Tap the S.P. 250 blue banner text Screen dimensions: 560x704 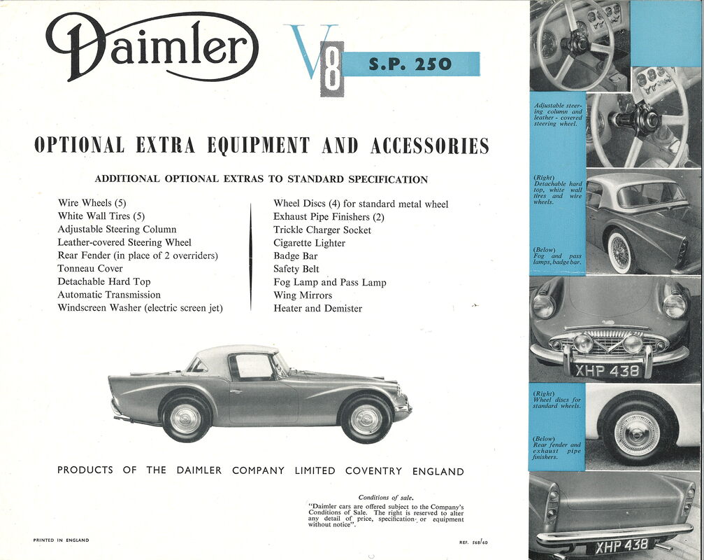pyautogui.click(x=410, y=65)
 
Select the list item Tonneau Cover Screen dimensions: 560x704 pyautogui.click(x=90, y=269)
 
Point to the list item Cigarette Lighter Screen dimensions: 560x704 pyautogui.click(x=309, y=244)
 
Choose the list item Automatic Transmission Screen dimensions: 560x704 pyautogui.click(x=109, y=295)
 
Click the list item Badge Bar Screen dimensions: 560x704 pyautogui.click(x=296, y=256)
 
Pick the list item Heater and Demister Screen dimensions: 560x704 pyautogui.click(x=317, y=309)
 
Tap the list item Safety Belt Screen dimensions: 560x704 pyautogui.click(x=296, y=269)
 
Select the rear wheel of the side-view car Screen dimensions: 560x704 pyautogui.click(x=185, y=418)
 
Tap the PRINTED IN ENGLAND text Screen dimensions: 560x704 pyautogui.click(x=61, y=540)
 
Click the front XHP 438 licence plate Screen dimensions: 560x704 pyautogui.click(x=606, y=370)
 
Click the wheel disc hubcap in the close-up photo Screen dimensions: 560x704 pyautogui.click(x=636, y=433)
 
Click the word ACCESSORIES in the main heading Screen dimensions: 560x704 pyautogui.click(x=430, y=146)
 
